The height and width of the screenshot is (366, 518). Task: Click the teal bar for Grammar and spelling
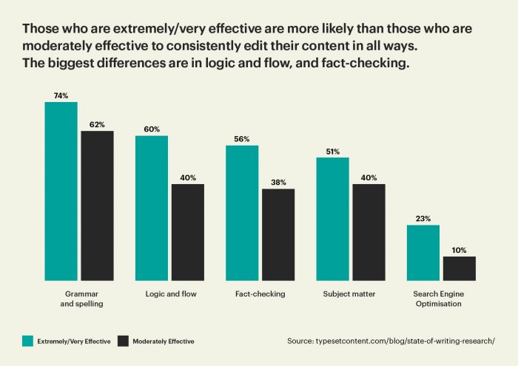click(x=61, y=191)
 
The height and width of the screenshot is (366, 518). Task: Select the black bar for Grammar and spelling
click(x=97, y=206)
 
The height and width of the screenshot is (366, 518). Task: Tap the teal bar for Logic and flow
click(x=152, y=208)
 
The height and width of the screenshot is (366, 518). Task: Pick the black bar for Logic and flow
click(x=188, y=232)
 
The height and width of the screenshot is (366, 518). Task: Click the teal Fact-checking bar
click(x=242, y=213)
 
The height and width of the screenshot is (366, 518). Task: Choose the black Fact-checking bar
click(x=278, y=234)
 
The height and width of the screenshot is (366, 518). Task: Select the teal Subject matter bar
click(x=332, y=219)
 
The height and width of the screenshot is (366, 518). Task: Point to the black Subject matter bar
click(x=369, y=232)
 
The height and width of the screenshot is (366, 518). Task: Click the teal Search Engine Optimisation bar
click(x=423, y=252)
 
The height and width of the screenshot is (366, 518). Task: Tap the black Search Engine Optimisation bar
click(x=459, y=268)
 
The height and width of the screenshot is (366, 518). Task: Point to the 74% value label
click(x=61, y=95)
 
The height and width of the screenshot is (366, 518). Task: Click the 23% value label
click(x=423, y=218)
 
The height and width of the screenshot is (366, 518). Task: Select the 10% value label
click(x=459, y=250)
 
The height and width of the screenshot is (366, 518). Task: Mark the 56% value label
click(x=242, y=138)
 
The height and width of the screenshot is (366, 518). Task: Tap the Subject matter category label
click(x=349, y=294)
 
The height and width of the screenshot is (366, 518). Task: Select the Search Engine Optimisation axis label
click(x=440, y=299)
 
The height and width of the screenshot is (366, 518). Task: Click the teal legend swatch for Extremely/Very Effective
click(x=27, y=341)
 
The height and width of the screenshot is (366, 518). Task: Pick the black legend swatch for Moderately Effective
click(x=124, y=341)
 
